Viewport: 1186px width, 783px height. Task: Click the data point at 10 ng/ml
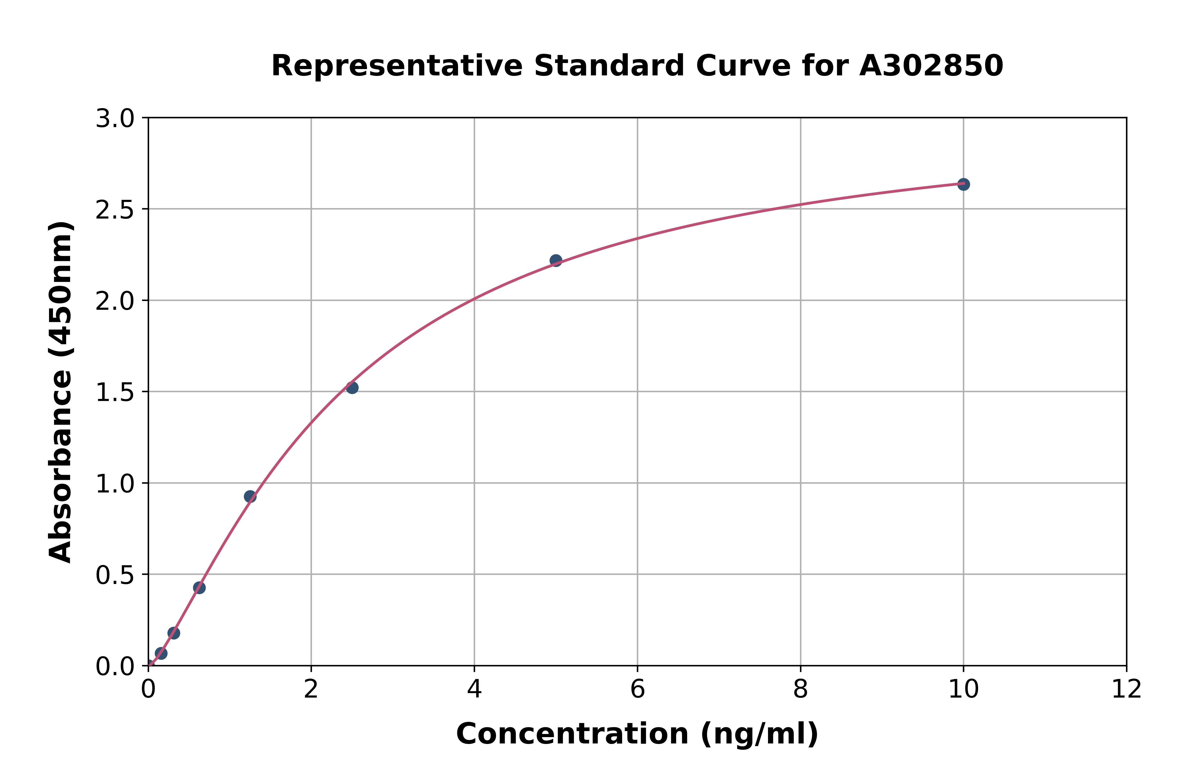(963, 184)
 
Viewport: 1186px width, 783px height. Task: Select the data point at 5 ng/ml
(556, 260)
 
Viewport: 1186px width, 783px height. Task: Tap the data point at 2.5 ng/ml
(352, 388)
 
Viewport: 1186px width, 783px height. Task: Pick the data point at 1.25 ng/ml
(250, 496)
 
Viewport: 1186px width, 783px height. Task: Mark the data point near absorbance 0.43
(199, 587)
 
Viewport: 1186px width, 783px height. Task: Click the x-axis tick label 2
(311, 690)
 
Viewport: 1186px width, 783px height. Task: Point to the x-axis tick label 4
(474, 690)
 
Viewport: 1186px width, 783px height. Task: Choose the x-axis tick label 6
(638, 690)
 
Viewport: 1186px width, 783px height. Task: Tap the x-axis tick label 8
(800, 690)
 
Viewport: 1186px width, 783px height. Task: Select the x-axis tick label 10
(963, 690)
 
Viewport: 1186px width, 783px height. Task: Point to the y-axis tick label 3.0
(115, 119)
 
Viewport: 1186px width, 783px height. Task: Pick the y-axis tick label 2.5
(115, 210)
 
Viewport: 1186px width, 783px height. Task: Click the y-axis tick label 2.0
(115, 301)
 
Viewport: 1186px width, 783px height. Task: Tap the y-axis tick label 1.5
(115, 393)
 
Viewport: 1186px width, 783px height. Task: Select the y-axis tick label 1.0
(115, 484)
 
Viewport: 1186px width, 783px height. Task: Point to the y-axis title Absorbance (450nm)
(61, 392)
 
